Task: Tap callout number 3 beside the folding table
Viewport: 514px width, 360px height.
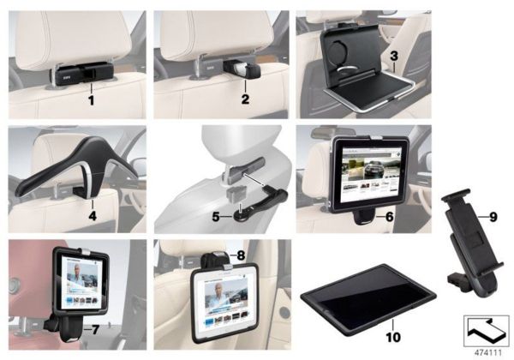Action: [x=392, y=57]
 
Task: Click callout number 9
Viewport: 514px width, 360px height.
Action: [x=493, y=217]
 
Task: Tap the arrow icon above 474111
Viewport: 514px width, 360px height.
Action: [x=485, y=329]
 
